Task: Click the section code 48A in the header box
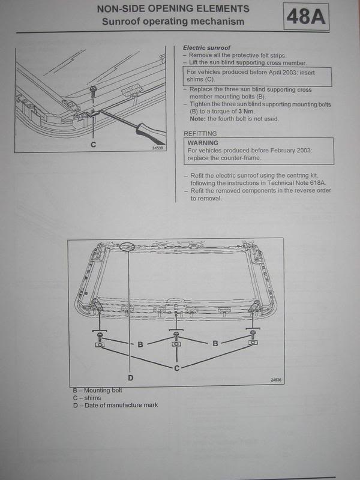306,17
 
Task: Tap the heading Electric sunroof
206,48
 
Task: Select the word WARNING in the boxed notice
203,143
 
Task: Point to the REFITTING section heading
200,133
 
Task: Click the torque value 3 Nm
247,112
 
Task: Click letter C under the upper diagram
94,145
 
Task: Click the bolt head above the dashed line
93,89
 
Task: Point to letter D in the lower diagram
131,378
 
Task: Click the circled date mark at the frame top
127,246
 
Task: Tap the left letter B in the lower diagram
140,344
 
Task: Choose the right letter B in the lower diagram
215,343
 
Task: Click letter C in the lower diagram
176,368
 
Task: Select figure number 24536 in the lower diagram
276,380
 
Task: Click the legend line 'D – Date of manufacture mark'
115,405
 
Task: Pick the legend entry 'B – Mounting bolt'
97,391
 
